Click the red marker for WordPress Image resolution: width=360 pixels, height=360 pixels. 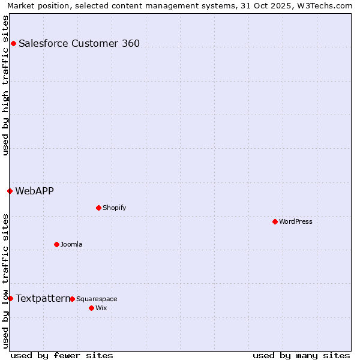pyautogui.click(x=275, y=221)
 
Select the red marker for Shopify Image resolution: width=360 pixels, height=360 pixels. pyautogui.click(x=98, y=208)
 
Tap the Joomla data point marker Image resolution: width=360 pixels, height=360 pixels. pyautogui.click(x=56, y=244)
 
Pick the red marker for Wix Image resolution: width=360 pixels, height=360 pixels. pyautogui.click(x=91, y=308)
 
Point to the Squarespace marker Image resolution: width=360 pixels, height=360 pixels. pyautogui.click(x=72, y=299)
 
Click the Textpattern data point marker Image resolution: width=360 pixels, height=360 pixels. pyautogui.click(x=10, y=298)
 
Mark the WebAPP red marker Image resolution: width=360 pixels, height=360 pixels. pyautogui.click(x=10, y=191)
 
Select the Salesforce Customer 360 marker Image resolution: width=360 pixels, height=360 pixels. pyautogui.click(x=13, y=43)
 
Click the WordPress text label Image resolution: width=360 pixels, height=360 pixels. pyautogui.click(x=296, y=221)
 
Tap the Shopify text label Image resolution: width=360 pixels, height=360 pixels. pyautogui.click(x=114, y=208)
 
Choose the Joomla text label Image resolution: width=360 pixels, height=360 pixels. pyautogui.click(x=71, y=244)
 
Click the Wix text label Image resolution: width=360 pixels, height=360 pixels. pyautogui.click(x=101, y=308)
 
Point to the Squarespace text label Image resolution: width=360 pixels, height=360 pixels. pyautogui.click(x=97, y=299)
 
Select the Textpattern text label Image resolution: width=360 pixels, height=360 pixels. pyautogui.click(x=43, y=298)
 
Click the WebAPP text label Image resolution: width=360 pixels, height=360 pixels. pyautogui.click(x=34, y=191)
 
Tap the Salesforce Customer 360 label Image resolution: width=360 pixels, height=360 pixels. pyautogui.click(x=79, y=43)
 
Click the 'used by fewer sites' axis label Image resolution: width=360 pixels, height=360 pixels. pyautogui.click(x=62, y=355)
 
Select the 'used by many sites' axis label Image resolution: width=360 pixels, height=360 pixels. pyautogui.click(x=301, y=355)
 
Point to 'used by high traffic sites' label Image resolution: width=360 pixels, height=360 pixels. pyautogui.click(x=5, y=85)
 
